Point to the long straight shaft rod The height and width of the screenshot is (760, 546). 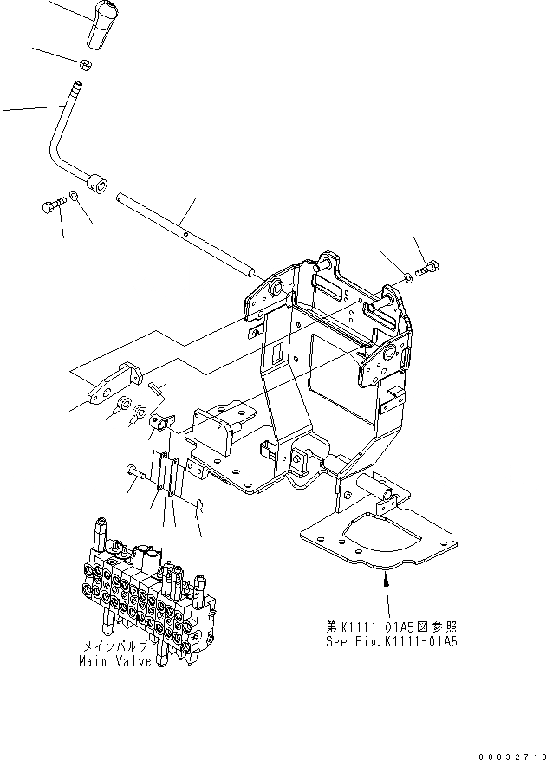(x=186, y=231)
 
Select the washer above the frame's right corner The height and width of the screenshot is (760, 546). (x=407, y=276)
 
